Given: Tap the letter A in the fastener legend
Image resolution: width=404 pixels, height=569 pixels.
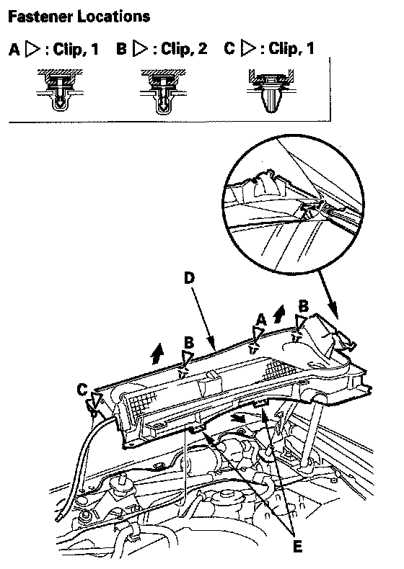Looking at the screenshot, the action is click(x=14, y=49).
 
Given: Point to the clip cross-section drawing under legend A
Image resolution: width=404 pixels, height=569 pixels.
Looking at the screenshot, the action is click(x=60, y=90).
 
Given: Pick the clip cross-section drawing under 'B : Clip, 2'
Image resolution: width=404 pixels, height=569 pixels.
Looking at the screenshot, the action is click(x=163, y=91).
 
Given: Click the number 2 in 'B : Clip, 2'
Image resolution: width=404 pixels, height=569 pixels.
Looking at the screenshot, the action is click(x=201, y=49).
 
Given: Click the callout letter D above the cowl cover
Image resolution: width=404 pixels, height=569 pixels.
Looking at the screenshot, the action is click(x=189, y=278).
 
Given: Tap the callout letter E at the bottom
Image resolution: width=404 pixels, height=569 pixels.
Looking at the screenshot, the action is click(x=297, y=545).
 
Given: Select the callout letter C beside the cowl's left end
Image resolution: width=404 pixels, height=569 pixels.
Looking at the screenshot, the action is click(x=83, y=390).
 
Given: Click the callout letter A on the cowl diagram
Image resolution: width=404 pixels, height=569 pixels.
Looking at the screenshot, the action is click(x=261, y=320).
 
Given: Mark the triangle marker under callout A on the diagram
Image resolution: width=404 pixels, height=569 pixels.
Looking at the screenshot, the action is click(x=258, y=334).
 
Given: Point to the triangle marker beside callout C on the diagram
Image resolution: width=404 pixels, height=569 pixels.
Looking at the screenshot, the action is click(x=97, y=400).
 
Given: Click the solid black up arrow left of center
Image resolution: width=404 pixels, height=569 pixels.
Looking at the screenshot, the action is click(x=158, y=353).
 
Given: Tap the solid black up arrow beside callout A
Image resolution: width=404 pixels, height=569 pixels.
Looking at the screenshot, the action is click(x=279, y=313).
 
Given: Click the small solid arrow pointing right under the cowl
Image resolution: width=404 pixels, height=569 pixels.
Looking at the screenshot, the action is click(x=238, y=418).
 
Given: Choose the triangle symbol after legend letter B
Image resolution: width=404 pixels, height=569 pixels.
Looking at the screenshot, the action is click(x=139, y=49).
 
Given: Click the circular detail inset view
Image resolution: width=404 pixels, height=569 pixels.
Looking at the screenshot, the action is click(x=293, y=205).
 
